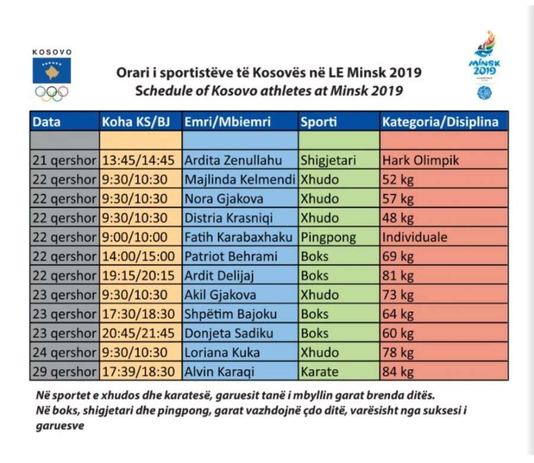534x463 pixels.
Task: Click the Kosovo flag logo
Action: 52,71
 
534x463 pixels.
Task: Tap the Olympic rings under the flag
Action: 52,93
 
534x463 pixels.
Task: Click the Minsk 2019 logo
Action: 484,65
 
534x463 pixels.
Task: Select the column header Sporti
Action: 319,122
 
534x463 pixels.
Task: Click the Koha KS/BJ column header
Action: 136,122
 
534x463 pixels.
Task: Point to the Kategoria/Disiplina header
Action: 440,122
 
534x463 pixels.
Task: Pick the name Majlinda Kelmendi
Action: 240,179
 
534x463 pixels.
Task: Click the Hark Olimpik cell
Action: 421,160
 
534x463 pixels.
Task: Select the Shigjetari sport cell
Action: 328,160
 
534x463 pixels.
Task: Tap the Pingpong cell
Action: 328,237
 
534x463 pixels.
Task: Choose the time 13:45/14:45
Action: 138,160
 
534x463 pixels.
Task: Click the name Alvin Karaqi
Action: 220,372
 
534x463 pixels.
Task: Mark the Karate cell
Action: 319,372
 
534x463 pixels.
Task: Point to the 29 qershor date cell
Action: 64,372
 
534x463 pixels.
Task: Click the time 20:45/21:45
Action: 138,334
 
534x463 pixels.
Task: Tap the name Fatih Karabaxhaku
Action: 239,237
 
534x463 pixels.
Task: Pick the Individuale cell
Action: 415,237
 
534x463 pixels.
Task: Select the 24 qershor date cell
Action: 64,353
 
